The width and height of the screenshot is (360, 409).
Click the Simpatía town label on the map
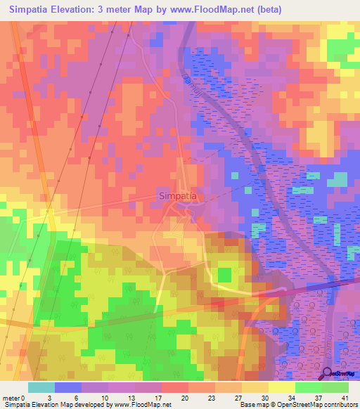177,196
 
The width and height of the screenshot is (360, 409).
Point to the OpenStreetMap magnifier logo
328,375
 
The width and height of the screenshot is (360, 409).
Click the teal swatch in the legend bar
41,387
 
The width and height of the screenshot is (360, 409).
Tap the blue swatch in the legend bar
68,387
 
